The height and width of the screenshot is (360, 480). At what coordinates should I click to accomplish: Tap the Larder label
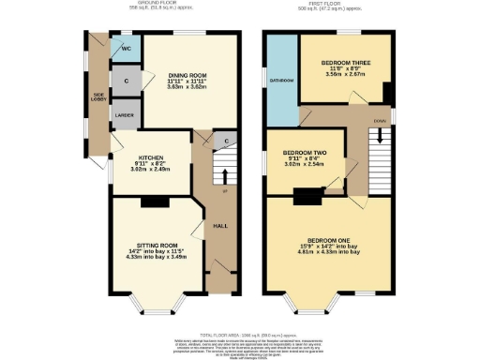(123, 115)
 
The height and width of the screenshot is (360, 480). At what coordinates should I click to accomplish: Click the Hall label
(220, 226)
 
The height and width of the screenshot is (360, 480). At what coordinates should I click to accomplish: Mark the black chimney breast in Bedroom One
(306, 197)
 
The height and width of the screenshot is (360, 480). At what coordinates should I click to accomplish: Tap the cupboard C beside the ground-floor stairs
(226, 142)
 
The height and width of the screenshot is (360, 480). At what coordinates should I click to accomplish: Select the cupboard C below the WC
(125, 81)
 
